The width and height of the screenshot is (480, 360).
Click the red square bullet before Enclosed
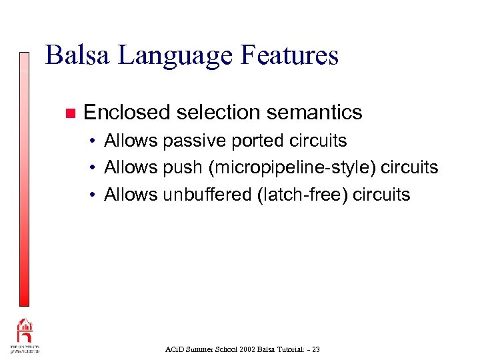click(x=68, y=113)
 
